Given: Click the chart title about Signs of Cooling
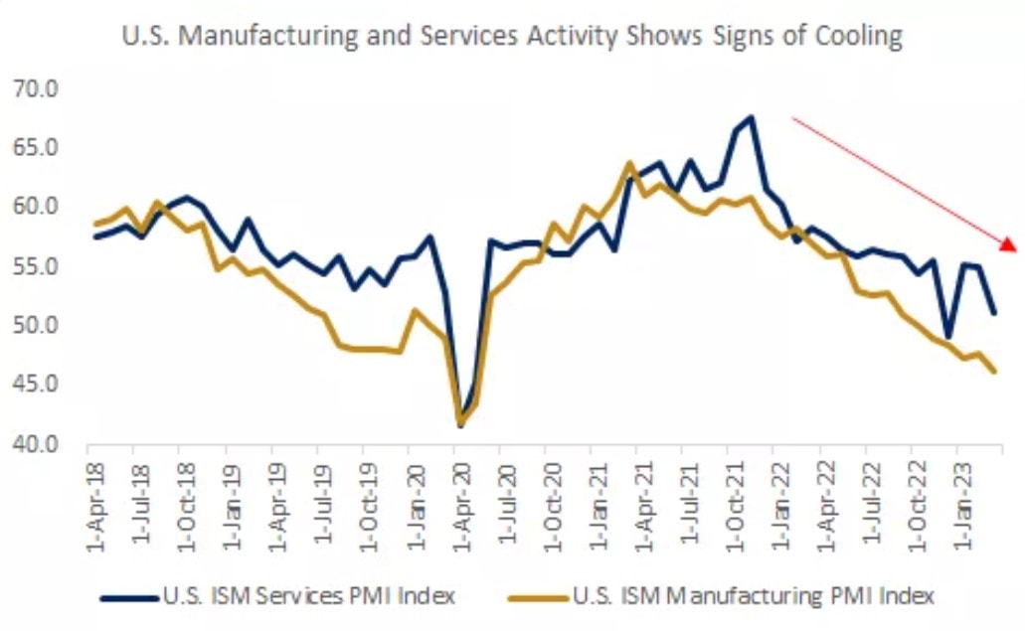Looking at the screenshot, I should [512, 38].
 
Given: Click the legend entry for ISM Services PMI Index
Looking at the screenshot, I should [309, 596].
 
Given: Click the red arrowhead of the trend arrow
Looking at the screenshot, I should [1007, 244].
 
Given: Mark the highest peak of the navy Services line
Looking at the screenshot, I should [751, 117].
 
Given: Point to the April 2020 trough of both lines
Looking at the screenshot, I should [460, 425].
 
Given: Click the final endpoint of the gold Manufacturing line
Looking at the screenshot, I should [994, 372].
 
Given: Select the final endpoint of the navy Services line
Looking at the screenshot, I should [994, 313].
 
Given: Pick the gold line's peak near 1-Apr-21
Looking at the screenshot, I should [629, 163].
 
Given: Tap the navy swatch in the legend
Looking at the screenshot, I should [129, 597].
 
